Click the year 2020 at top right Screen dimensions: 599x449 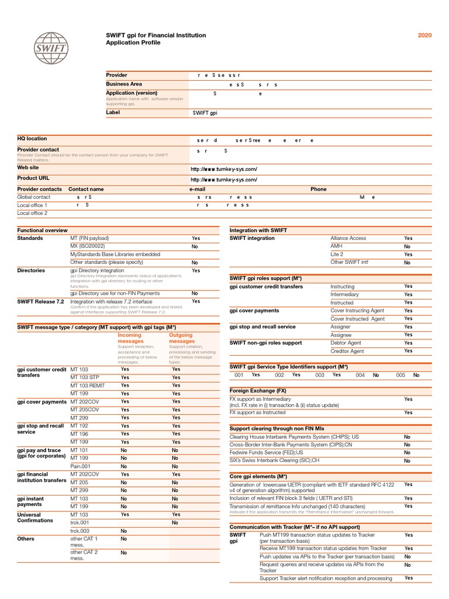[424, 36]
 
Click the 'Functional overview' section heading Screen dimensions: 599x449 [42, 230]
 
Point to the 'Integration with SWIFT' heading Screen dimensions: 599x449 [258, 230]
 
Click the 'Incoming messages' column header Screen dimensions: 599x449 [130, 338]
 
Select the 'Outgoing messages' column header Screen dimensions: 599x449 [181, 338]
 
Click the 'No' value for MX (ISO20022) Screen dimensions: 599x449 [195, 247]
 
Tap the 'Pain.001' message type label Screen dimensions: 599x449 [81, 466]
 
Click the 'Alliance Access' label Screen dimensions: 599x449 [348, 239]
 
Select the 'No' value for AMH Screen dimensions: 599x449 [407, 247]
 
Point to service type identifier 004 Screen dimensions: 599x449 [360, 375]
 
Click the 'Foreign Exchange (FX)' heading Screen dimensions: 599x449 [258, 390]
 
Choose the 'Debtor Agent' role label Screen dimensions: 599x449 [347, 343]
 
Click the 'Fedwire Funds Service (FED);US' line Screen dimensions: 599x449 [267, 453]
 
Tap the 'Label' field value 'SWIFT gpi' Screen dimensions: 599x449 [205, 113]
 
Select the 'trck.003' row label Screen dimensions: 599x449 [81, 531]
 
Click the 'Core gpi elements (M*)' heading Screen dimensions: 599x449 [258, 477]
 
